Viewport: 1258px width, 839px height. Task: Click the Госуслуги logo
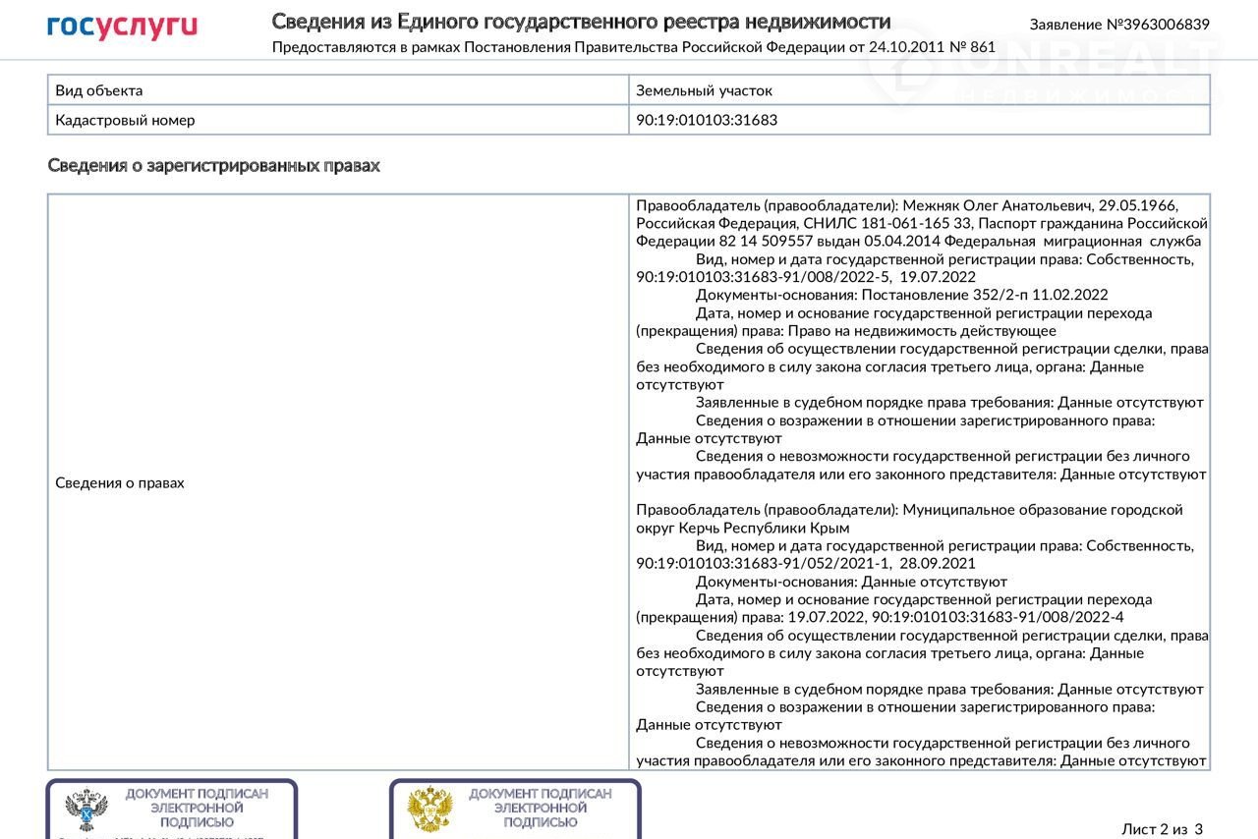click(x=122, y=26)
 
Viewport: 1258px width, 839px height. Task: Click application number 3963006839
click(x=1165, y=25)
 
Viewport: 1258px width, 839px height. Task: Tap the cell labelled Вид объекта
click(x=99, y=90)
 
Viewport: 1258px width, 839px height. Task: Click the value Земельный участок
click(x=704, y=90)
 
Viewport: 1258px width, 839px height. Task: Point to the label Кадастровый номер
click(x=125, y=120)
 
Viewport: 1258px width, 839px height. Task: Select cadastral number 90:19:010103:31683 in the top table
click(x=707, y=120)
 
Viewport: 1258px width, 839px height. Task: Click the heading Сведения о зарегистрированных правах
click(x=213, y=165)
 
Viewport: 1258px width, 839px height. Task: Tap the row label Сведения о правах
click(x=120, y=482)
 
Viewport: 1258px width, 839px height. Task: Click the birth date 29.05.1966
click(x=1138, y=205)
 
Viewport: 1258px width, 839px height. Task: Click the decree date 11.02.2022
click(x=1069, y=295)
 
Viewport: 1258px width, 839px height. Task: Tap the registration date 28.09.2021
click(x=938, y=563)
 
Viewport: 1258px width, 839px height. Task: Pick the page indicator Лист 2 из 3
click(x=1162, y=828)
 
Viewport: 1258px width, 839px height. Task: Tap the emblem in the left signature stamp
click(x=86, y=809)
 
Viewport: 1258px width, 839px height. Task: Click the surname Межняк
click(x=933, y=205)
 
